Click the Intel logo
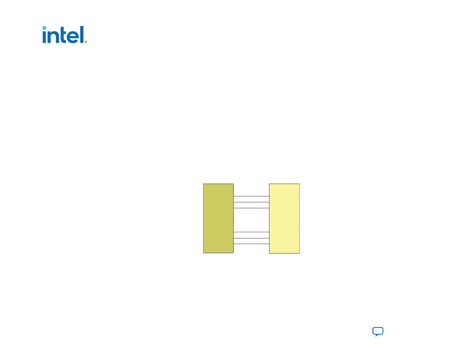64,35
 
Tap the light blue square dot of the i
44,28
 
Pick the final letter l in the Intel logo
82,35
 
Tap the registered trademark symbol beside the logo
86,42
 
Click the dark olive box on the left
218,218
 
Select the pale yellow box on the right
284,218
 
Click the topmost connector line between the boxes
251,196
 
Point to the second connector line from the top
251,202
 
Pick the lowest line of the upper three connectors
251,208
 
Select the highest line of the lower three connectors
251,232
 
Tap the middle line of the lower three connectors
251,238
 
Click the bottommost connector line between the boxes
251,244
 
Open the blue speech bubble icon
378,331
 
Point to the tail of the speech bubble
376,336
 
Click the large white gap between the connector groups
251,220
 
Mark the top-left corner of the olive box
203,184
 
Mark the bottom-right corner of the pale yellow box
299,253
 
